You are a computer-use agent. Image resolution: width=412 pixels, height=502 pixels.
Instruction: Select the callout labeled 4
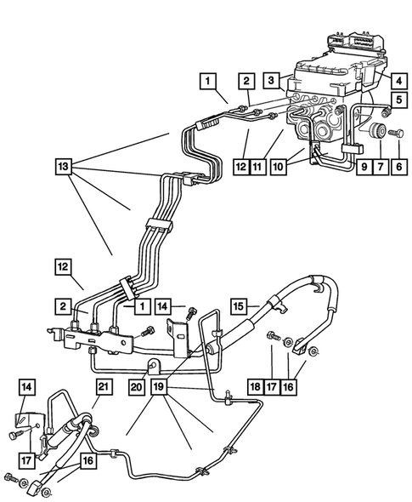(396, 81)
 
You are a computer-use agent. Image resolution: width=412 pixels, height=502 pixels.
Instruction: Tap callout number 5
(396, 110)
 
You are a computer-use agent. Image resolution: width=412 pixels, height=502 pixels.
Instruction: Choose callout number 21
(104, 387)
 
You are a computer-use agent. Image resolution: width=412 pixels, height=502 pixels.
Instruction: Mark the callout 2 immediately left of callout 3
(245, 81)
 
